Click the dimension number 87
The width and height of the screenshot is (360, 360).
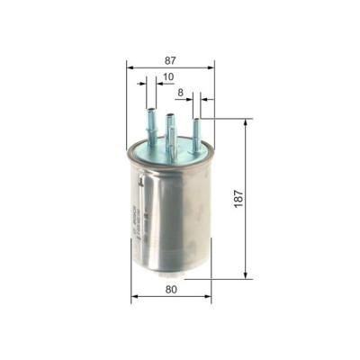coord(170,59)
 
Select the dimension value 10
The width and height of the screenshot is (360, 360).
coord(168,77)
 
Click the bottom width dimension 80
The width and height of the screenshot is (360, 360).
coord(171,291)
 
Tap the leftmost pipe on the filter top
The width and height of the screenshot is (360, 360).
coord(150,125)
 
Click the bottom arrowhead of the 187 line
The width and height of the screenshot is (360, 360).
coord(245,274)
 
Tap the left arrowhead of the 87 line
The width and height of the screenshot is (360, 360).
coord(130,67)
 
